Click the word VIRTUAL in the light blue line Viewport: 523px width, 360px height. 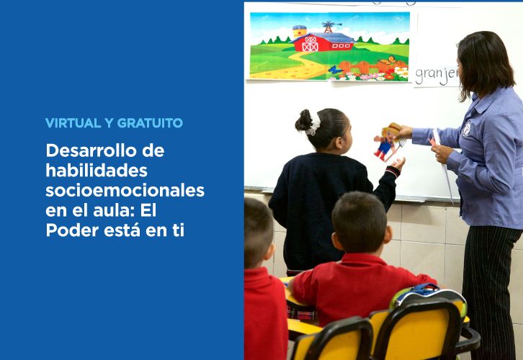coord(73,123)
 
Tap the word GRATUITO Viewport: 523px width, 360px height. coord(150,123)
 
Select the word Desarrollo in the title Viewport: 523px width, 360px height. coord(91,150)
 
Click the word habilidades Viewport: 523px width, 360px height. coord(97,171)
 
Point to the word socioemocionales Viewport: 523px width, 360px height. coord(125,191)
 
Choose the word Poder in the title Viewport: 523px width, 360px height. coord(72,230)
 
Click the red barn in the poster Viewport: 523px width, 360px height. coord(322,42)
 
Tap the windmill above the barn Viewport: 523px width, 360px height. coord(329,27)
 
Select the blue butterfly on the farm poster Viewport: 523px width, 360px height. coord(334,70)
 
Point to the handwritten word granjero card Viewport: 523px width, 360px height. coord(437,76)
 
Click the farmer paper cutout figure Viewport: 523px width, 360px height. coord(388,141)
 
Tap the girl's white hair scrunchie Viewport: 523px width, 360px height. coord(313,124)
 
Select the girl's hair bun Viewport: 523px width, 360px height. coord(303,120)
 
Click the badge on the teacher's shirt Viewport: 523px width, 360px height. coord(466,130)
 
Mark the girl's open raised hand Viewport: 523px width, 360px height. coord(398,163)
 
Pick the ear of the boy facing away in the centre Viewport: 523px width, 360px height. coord(388,234)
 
